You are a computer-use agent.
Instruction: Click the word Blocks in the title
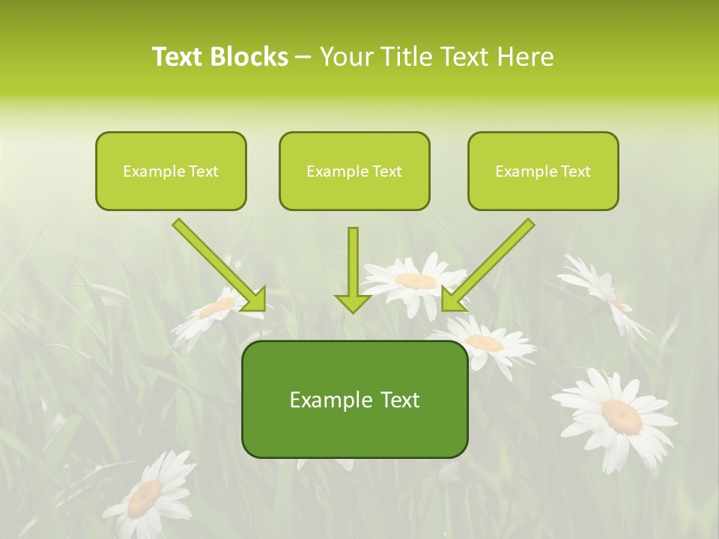click(x=249, y=57)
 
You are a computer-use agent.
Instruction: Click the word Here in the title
click(x=524, y=57)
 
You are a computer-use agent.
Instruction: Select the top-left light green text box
click(x=171, y=171)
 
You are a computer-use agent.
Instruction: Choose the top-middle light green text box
click(x=354, y=171)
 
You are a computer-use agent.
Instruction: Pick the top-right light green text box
click(x=543, y=171)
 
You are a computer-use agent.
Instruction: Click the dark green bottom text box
click(x=354, y=399)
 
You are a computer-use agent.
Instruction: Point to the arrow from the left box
click(x=217, y=264)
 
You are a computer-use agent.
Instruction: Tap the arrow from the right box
click(x=490, y=264)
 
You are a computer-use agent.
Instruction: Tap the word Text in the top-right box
click(x=575, y=171)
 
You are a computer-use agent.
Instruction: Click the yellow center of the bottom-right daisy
click(x=622, y=415)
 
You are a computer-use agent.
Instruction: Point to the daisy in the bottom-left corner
click(x=150, y=494)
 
